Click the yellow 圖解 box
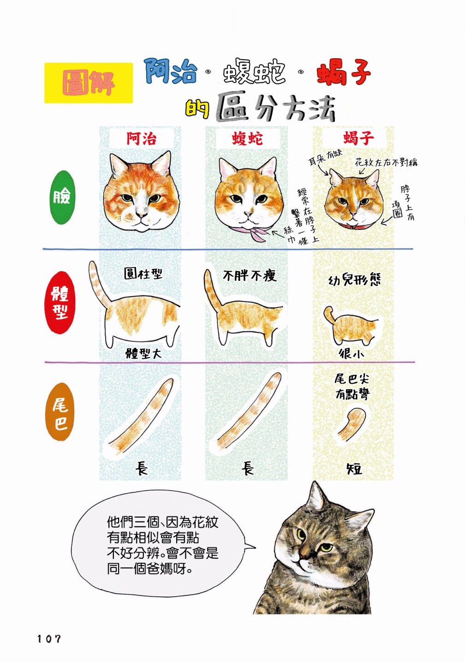(x=89, y=83)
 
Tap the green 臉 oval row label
(x=62, y=197)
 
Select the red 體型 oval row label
(x=60, y=303)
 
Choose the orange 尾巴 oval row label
(x=60, y=412)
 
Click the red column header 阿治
(x=142, y=139)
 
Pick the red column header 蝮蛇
(x=247, y=139)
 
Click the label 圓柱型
(x=143, y=273)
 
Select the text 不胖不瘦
(x=250, y=276)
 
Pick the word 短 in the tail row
(x=354, y=469)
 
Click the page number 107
(x=49, y=639)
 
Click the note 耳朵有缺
(x=325, y=158)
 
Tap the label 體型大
(x=143, y=353)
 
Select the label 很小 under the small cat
(x=351, y=354)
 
